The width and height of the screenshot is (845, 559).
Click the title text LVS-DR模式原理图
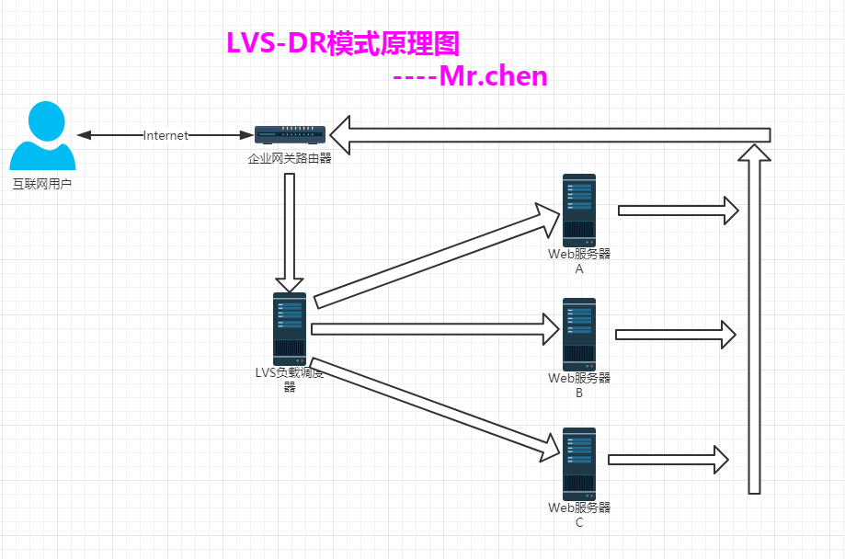(342, 43)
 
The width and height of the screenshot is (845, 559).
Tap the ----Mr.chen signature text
(470, 75)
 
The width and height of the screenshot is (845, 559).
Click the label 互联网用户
(41, 185)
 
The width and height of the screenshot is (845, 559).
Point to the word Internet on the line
(166, 135)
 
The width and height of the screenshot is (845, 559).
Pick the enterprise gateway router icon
(289, 135)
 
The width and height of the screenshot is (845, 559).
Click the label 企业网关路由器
(290, 158)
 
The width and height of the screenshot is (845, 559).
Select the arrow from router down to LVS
(290, 230)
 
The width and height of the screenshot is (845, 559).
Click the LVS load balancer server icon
(290, 328)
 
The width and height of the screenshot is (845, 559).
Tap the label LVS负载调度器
(290, 379)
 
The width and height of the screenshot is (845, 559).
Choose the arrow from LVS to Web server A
(437, 257)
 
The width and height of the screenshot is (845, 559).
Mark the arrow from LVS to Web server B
(437, 328)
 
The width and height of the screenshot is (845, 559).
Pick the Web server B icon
(579, 334)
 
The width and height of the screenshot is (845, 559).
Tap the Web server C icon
(579, 463)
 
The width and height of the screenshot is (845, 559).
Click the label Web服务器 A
(579, 262)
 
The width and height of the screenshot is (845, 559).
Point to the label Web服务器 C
(579, 515)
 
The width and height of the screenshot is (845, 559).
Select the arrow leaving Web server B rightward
(676, 334)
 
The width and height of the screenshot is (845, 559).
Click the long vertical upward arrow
(755, 322)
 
